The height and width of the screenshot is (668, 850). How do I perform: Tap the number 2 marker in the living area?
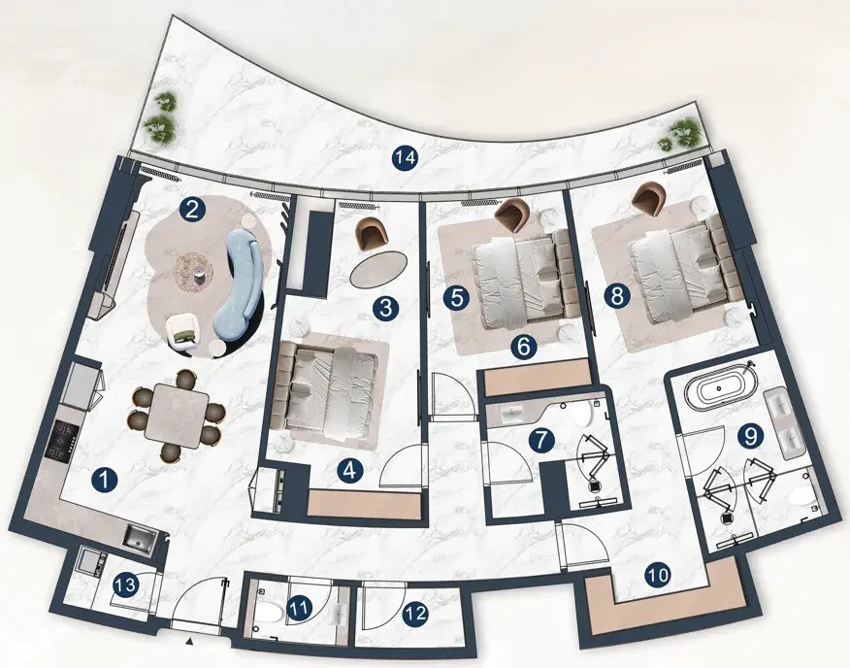[192, 209]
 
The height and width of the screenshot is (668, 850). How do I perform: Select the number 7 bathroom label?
[542, 440]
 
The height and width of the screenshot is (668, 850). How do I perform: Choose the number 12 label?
[415, 614]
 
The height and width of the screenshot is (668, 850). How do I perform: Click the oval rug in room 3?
[378, 269]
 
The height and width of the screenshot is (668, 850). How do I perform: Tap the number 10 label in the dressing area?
[658, 575]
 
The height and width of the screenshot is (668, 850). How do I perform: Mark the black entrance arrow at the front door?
[189, 642]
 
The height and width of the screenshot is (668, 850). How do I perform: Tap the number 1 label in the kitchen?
[105, 480]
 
